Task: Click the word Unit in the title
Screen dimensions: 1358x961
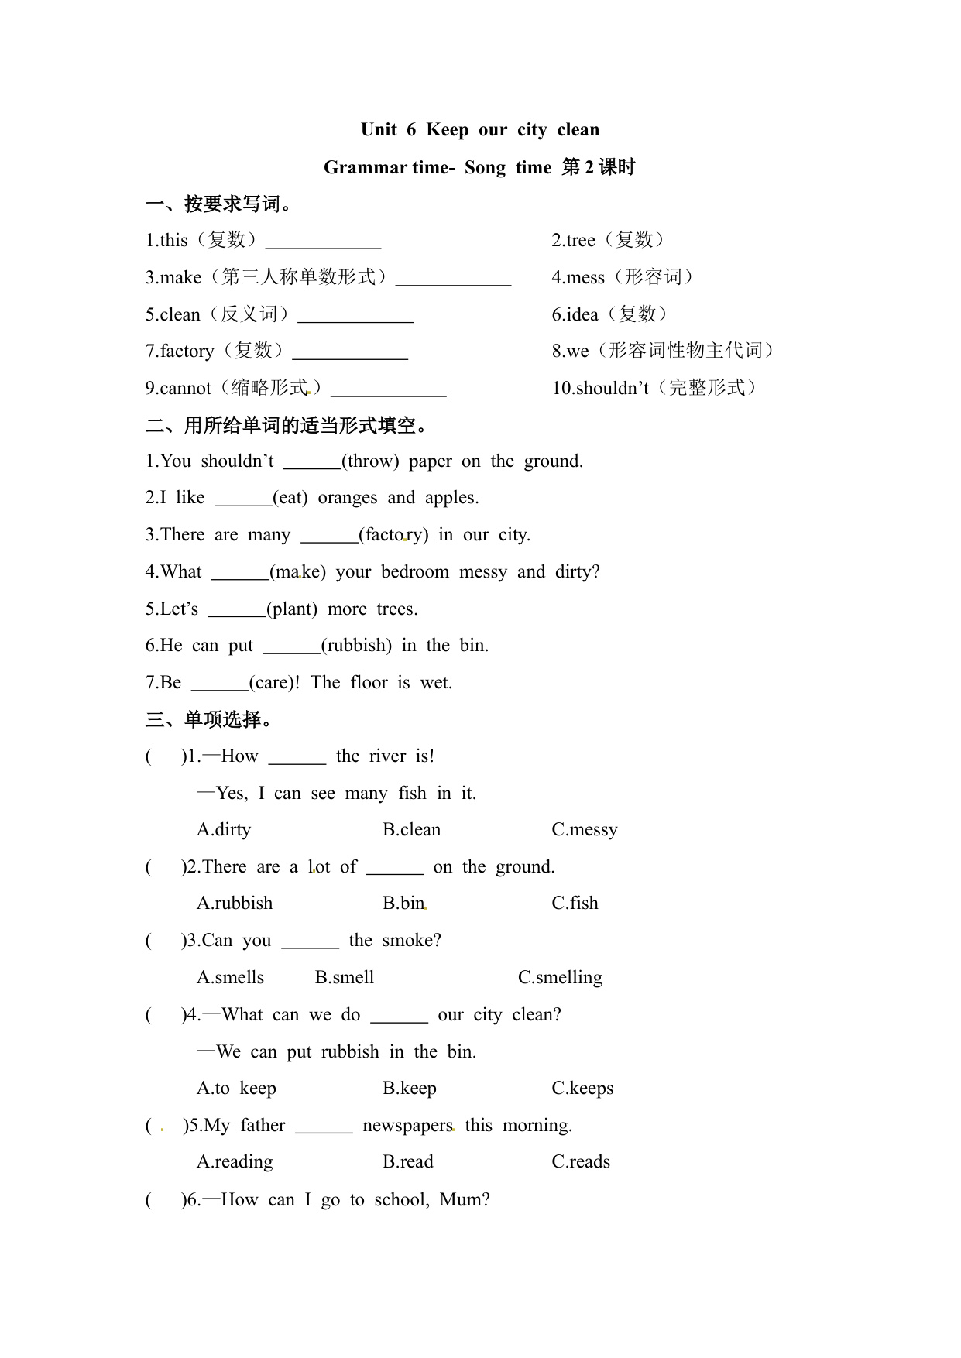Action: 379,130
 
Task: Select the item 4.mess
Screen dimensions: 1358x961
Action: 578,278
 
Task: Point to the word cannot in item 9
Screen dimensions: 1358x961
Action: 185,389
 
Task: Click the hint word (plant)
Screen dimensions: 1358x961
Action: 292,609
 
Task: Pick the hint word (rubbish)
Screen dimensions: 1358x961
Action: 356,646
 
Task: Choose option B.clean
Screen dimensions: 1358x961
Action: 411,830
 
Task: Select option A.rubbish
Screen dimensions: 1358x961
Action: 235,904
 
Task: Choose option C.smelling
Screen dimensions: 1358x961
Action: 560,978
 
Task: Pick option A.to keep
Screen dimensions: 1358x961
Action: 236,1089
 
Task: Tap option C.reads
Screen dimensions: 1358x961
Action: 581,1162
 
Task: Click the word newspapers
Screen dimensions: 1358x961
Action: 407,1126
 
